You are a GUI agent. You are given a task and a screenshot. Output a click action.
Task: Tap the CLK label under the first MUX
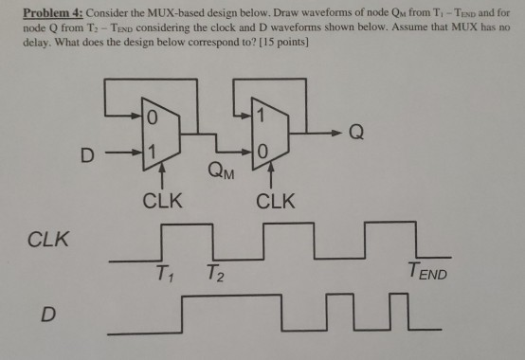point(160,201)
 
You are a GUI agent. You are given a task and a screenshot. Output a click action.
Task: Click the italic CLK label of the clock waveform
point(46,239)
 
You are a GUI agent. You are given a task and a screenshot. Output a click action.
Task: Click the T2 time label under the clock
point(218,276)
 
